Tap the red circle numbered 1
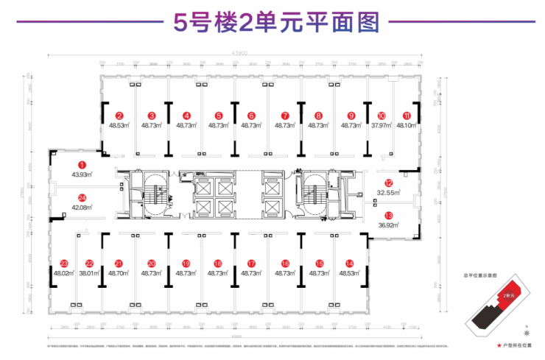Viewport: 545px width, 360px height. (x=82, y=166)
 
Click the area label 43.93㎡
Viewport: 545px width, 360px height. (x=82, y=174)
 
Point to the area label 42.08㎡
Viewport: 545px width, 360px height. (x=82, y=207)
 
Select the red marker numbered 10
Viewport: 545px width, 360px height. (x=381, y=116)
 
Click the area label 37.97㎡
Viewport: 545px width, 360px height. (x=381, y=126)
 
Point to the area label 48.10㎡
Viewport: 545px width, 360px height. (x=407, y=126)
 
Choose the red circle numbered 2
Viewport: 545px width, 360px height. (x=119, y=116)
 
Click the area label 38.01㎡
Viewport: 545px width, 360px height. (x=89, y=273)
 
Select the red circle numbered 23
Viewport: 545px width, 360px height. (x=64, y=263)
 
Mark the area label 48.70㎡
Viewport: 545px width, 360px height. (x=119, y=273)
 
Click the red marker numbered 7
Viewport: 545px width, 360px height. (x=284, y=116)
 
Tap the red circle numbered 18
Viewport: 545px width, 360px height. (x=217, y=263)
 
